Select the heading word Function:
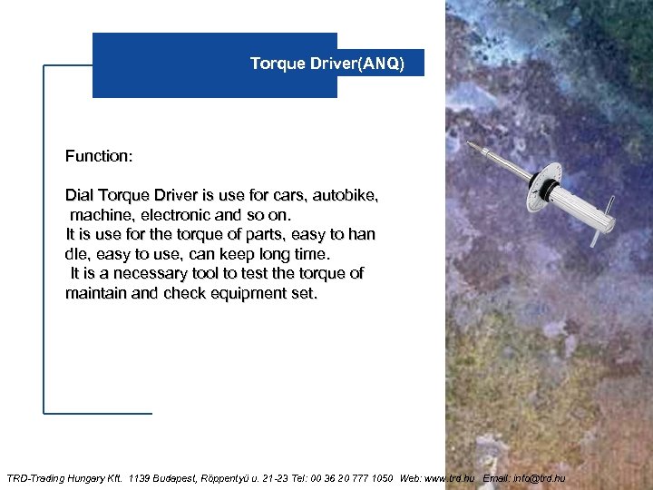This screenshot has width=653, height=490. click(x=99, y=156)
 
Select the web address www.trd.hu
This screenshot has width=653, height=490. click(x=450, y=478)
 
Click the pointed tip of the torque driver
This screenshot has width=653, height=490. click(x=468, y=143)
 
